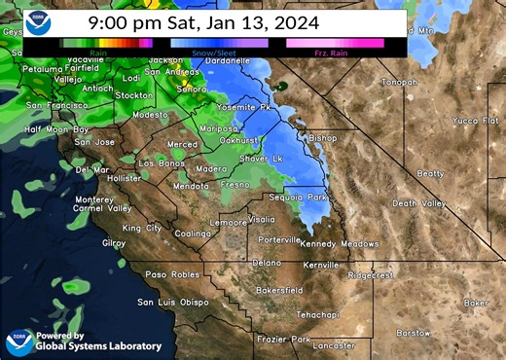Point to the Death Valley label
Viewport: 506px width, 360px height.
coord(418,203)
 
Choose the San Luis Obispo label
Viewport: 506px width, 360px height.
coord(172,303)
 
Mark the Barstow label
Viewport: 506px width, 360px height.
coord(414,332)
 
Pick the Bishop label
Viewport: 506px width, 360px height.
coord(322,138)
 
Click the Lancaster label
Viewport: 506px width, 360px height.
coord(334,345)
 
